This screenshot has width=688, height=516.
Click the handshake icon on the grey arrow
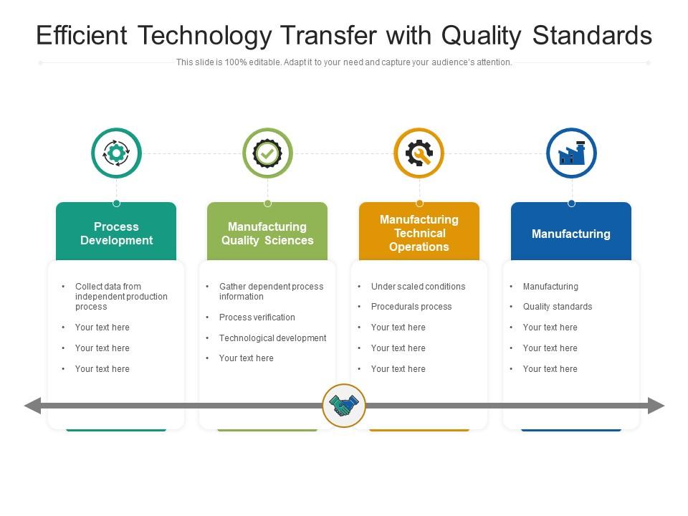click(344, 406)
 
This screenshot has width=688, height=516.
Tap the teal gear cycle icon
click(116, 153)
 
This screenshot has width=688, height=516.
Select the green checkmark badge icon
click(267, 153)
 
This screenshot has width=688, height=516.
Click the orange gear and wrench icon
click(419, 153)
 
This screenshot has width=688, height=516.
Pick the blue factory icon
click(571, 153)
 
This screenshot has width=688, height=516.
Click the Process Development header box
click(116, 234)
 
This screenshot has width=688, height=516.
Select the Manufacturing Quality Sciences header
click(267, 234)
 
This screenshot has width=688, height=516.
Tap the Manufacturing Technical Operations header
click(419, 233)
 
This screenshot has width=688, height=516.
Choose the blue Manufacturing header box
click(571, 234)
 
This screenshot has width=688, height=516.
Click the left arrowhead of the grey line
click(32, 406)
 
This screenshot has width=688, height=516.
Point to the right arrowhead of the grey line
click(656, 406)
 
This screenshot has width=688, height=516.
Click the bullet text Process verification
click(257, 317)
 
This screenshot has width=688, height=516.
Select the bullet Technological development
click(272, 338)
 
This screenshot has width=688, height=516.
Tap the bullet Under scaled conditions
click(418, 287)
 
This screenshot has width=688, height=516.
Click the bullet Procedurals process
click(411, 307)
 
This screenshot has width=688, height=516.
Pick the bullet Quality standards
click(558, 307)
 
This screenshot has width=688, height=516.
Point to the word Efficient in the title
click(81, 35)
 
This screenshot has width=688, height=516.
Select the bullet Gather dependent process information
click(271, 292)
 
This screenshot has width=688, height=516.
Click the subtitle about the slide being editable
click(344, 62)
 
